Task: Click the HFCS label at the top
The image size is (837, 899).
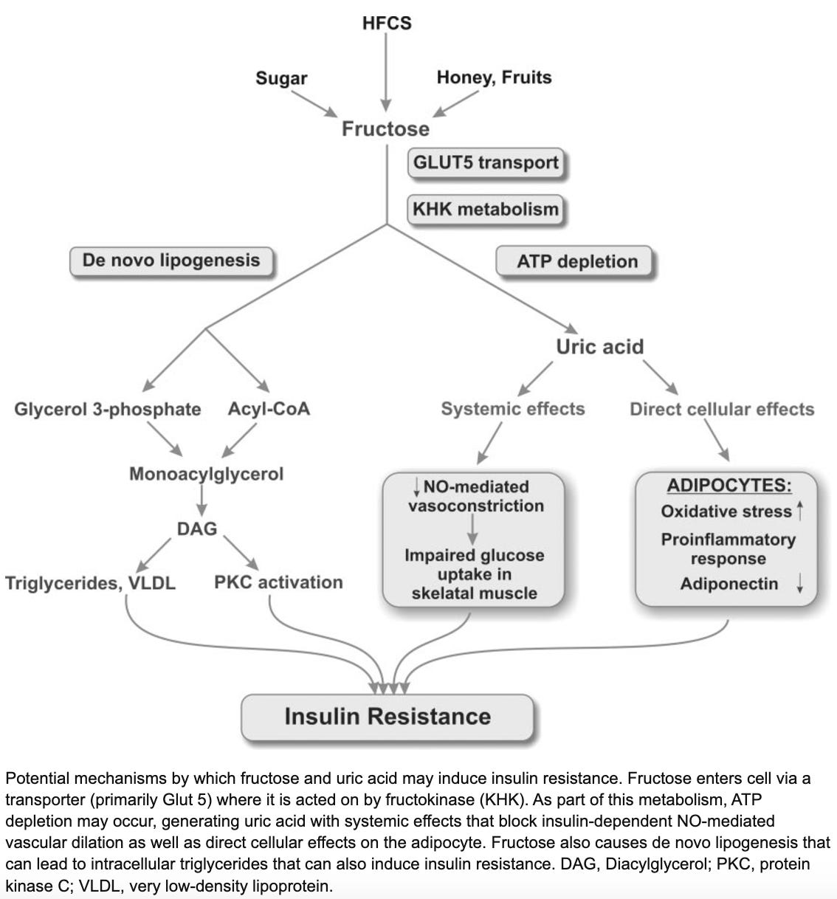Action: coord(387,23)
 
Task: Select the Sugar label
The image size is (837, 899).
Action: coord(281,78)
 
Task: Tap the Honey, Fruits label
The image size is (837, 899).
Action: coord(494,77)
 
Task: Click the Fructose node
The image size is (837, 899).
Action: coord(385,128)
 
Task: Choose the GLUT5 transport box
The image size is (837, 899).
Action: coord(486,162)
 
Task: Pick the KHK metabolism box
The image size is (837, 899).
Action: coord(485,209)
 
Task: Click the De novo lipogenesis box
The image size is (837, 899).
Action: coord(171,261)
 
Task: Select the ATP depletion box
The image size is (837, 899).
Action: coord(574,261)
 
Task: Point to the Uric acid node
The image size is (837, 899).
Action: coord(599,347)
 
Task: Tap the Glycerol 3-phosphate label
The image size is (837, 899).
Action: coord(108,409)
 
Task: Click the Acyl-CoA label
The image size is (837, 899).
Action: coord(269,409)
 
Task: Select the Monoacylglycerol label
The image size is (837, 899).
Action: coord(207,474)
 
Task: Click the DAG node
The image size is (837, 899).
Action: coord(197,528)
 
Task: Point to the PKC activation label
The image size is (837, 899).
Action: coord(278,582)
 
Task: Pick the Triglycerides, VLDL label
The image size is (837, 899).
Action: coord(90,583)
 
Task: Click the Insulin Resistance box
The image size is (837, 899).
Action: coord(387,717)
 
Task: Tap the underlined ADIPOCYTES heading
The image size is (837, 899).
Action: coord(729,485)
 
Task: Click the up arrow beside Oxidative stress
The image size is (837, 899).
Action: coord(800,511)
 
